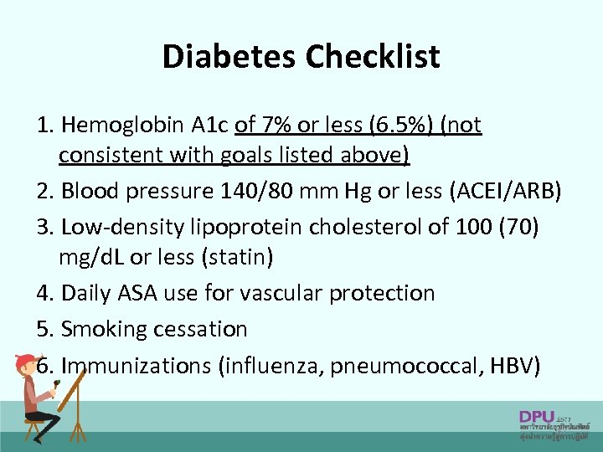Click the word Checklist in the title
(x=373, y=57)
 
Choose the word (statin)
(x=237, y=258)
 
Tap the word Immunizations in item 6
(x=137, y=366)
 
